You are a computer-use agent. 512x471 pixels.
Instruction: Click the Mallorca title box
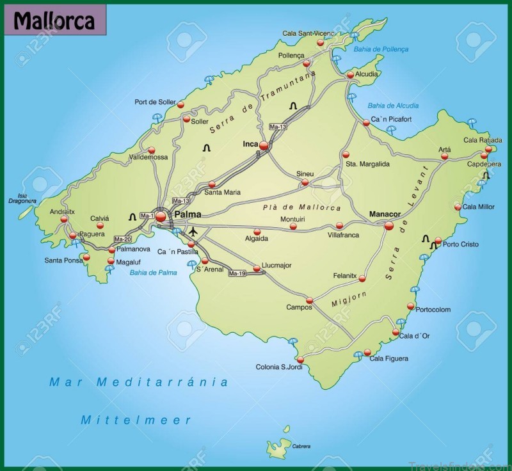[54, 21]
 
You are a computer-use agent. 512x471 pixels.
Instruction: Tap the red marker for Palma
[160, 216]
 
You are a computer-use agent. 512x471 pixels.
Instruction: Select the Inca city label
[250, 144]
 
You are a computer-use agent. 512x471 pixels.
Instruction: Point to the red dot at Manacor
[388, 225]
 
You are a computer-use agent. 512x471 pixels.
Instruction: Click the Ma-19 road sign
[237, 273]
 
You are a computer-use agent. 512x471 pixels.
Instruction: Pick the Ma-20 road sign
[123, 239]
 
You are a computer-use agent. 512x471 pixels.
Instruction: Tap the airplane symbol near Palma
[192, 230]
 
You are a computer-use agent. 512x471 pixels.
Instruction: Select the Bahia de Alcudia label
[394, 106]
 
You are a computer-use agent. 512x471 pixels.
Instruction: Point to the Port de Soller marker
[180, 104]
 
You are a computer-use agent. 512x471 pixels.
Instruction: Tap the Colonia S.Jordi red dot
[300, 359]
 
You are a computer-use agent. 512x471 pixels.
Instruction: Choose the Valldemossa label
[148, 157]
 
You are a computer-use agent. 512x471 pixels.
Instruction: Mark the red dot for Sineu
[305, 182]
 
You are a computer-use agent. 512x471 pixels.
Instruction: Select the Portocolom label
[433, 310]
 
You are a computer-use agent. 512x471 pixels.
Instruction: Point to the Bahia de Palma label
[153, 273]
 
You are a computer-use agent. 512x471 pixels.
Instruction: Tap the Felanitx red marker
[362, 278]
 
